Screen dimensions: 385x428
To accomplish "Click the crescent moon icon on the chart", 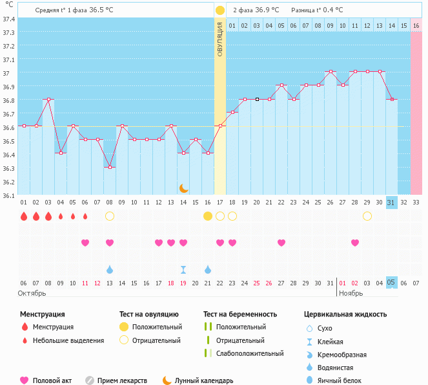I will pos(183,188).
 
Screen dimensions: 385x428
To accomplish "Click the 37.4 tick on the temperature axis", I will pos(8,19).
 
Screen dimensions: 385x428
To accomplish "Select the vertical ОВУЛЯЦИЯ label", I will pos(219,39).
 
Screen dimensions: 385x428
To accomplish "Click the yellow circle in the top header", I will pos(219,10).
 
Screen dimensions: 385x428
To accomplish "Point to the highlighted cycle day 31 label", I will pos(391,202).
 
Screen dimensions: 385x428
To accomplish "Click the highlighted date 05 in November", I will pos(391,282).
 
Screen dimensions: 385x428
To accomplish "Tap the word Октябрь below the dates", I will pos(33,294).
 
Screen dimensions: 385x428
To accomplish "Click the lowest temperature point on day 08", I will pos(110,167).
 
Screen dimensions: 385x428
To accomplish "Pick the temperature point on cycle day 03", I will pos(48,100).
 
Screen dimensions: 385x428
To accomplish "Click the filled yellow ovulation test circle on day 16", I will pos(207,215).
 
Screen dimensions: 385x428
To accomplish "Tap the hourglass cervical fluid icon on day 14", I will pos(183,269).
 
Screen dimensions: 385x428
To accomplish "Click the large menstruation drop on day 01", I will pos(24,215).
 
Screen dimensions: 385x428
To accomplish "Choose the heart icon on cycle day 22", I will pos(281,243).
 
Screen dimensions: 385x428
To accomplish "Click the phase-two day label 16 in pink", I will pos(416,25).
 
